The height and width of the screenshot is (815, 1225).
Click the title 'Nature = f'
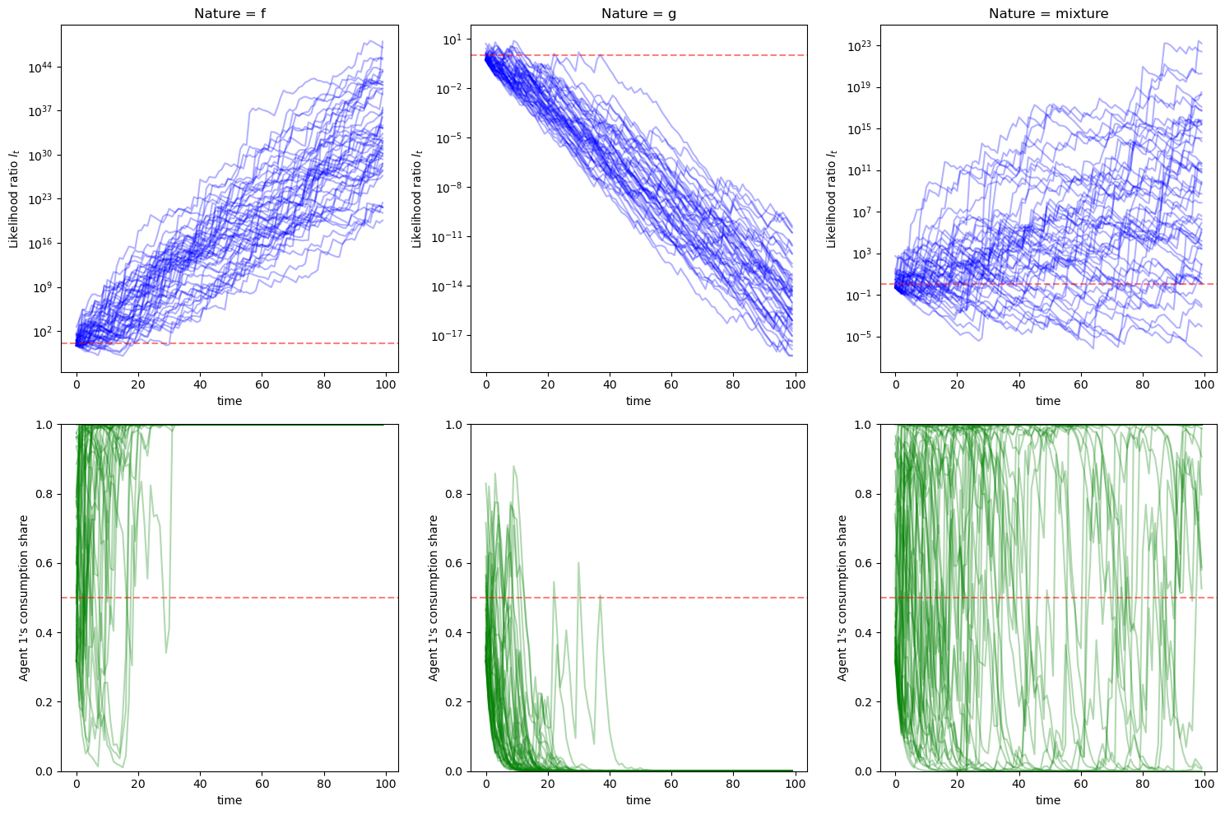point(230,13)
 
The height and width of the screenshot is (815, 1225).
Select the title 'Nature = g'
point(638,13)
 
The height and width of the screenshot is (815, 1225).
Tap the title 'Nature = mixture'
point(1048,13)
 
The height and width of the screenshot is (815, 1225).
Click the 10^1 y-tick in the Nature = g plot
point(453,40)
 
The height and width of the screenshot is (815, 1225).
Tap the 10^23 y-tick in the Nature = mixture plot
point(861,46)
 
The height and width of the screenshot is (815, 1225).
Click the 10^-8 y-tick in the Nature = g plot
point(451,188)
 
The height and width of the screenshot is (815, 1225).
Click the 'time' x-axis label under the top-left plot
point(230,401)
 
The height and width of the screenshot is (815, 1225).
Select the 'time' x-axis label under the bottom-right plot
point(1048,800)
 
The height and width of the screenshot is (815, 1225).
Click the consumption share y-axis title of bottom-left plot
point(24,598)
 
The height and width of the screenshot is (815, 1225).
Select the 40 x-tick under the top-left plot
point(200,384)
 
